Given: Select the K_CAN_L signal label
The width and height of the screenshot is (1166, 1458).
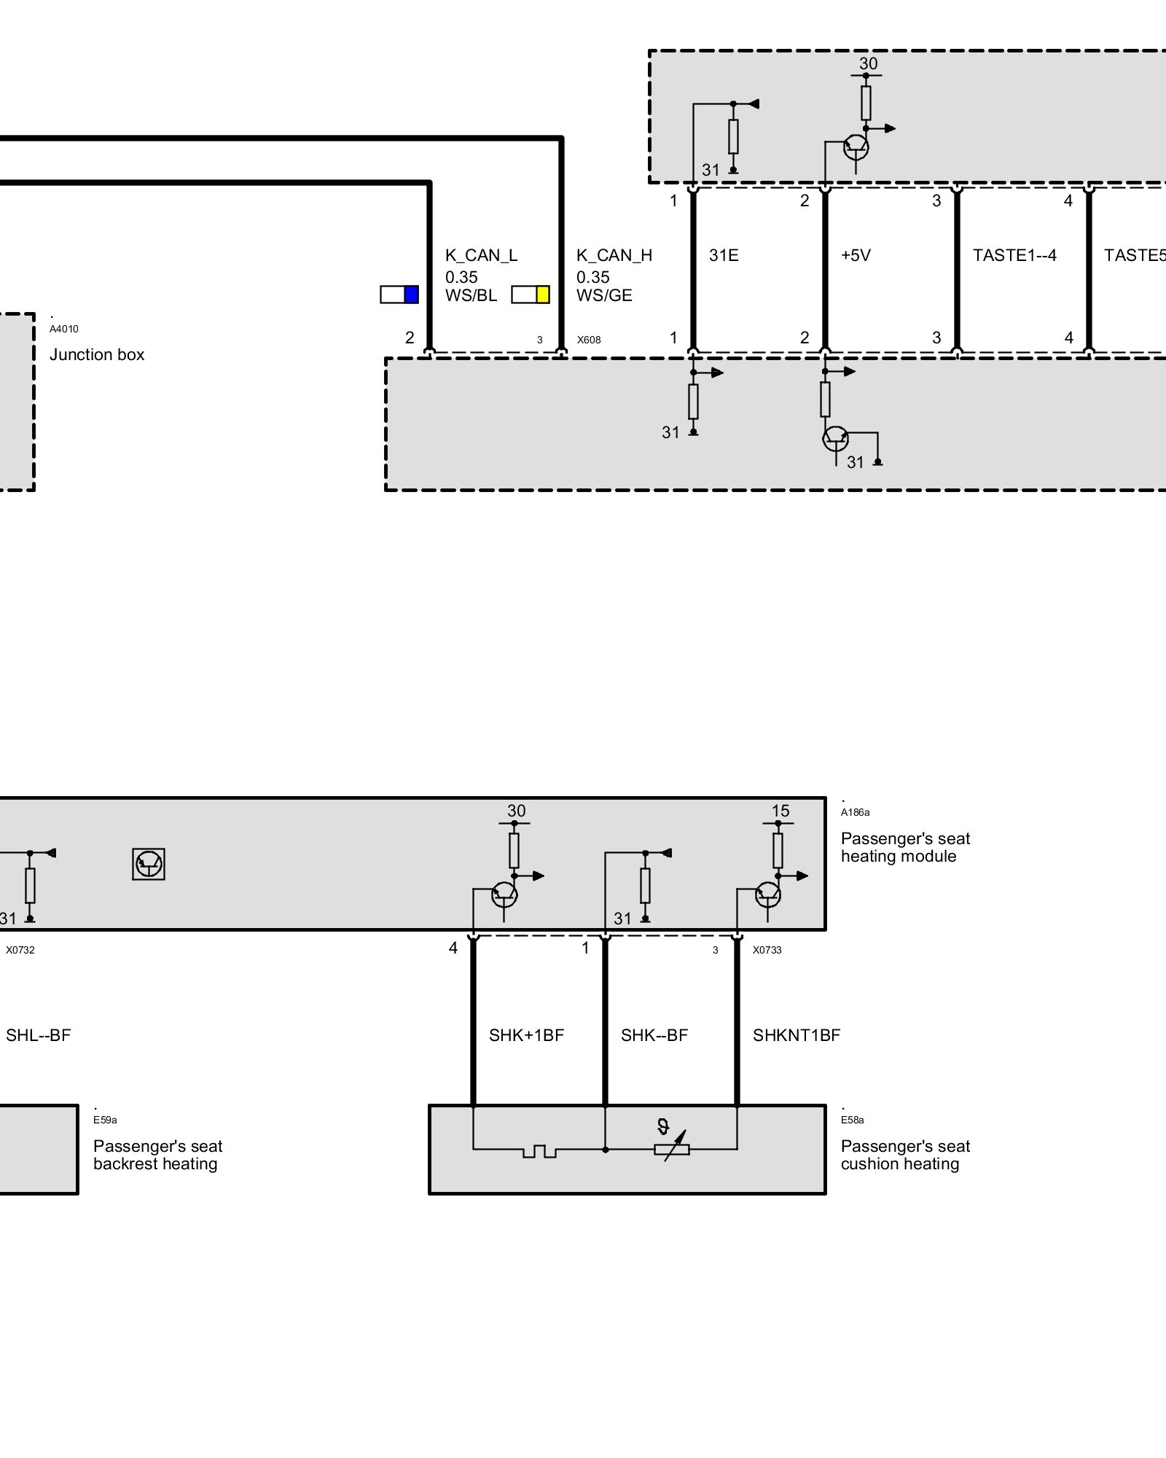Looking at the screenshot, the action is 481,255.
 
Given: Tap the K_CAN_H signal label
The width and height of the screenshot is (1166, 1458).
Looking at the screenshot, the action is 614,255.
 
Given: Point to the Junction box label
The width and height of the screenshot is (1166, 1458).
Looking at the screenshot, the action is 97,354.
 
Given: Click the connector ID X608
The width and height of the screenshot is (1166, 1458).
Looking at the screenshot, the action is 589,340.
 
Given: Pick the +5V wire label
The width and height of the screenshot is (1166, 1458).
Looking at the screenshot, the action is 856,255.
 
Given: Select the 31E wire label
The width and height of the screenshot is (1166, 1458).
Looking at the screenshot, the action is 724,255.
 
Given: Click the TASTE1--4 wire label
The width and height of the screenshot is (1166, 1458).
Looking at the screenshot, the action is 1014,255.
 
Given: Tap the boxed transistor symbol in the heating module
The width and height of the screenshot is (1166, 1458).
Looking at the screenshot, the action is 149,864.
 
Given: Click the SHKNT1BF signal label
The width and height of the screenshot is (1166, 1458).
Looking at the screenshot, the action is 797,1035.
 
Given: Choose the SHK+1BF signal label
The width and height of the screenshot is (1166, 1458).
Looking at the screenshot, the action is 526,1035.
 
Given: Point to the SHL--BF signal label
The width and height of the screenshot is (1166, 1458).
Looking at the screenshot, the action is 38,1035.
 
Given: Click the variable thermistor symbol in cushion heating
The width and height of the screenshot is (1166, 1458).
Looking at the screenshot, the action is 672,1145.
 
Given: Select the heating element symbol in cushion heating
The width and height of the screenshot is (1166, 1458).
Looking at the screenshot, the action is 539,1151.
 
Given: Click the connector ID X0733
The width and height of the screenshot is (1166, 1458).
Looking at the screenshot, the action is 767,950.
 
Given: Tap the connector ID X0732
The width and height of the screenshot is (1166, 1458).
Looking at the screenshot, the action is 20,950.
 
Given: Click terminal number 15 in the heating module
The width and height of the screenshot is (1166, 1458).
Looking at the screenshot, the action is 780,811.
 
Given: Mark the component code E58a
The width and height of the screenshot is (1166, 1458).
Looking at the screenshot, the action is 852,1120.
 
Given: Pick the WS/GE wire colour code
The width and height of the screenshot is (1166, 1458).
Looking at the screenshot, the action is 604,295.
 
